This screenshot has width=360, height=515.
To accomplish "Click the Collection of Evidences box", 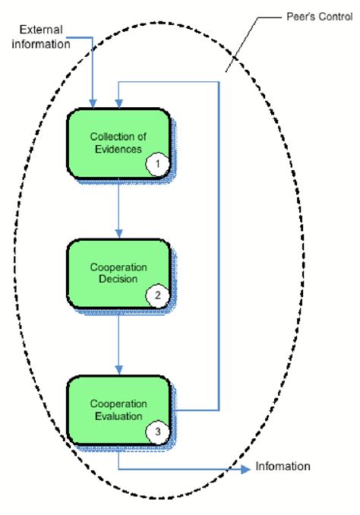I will tap(118, 144).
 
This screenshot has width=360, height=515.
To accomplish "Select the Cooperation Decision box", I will tap(118, 273).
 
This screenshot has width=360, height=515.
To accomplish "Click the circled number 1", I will tap(156, 163).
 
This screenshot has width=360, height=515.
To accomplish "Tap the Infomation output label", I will tap(283, 466).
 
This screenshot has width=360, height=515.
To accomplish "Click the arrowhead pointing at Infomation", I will tap(245, 469).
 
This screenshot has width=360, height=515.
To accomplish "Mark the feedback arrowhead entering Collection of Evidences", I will tap(118, 103).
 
